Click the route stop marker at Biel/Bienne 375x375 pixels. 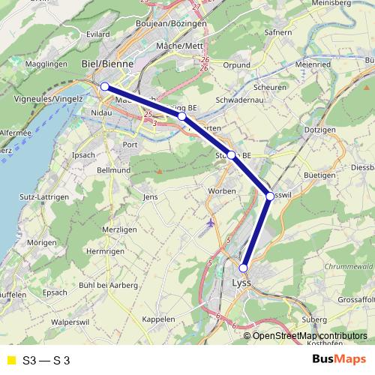105,87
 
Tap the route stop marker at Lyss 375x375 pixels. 243,268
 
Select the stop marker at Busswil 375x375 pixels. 270,196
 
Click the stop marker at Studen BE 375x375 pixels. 232,155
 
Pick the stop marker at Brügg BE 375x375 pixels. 181,117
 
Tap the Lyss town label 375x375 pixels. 241,283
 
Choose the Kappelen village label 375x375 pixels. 158,319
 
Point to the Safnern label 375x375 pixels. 277,32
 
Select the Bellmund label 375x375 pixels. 114,170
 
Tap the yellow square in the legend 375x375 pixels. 10,358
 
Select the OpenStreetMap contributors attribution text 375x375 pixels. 309,335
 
